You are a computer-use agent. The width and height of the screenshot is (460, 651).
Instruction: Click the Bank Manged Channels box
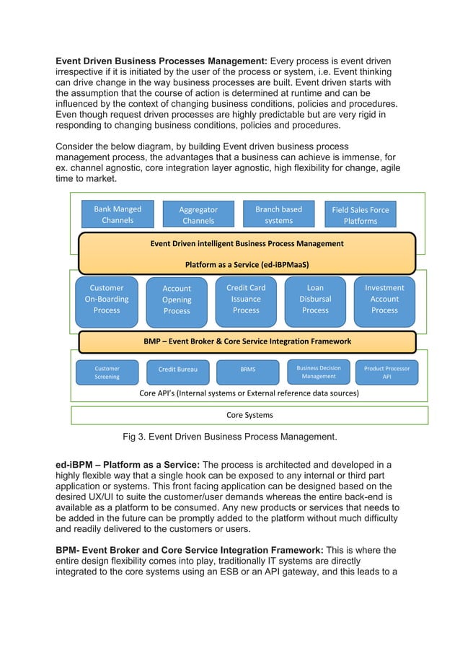[x=118, y=214]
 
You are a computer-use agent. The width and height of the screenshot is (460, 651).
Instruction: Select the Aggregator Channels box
[x=198, y=215]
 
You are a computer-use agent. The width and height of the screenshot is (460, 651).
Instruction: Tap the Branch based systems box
[x=278, y=214]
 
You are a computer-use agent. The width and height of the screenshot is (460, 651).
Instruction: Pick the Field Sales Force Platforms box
[x=360, y=215]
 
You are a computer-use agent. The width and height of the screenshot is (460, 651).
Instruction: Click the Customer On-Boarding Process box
[x=107, y=300]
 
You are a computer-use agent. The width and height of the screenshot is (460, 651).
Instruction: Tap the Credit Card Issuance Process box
[x=246, y=300]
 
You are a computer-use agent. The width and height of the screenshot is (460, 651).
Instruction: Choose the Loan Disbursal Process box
[x=315, y=300]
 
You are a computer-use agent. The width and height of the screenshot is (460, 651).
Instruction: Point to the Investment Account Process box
[x=384, y=300]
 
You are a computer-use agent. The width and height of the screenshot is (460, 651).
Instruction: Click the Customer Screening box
[x=107, y=372]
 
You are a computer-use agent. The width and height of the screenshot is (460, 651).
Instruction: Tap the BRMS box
[x=247, y=372]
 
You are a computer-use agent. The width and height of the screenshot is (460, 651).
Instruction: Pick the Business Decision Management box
[x=318, y=372]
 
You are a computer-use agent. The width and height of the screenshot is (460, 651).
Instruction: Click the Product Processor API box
[x=386, y=372]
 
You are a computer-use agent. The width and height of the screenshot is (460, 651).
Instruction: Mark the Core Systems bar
[x=249, y=415]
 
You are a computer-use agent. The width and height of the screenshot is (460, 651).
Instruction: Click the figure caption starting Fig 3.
[x=229, y=437]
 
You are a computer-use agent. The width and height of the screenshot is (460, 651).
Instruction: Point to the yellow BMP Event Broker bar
[x=247, y=341]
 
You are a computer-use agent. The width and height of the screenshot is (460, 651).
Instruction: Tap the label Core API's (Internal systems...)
[x=249, y=393]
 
